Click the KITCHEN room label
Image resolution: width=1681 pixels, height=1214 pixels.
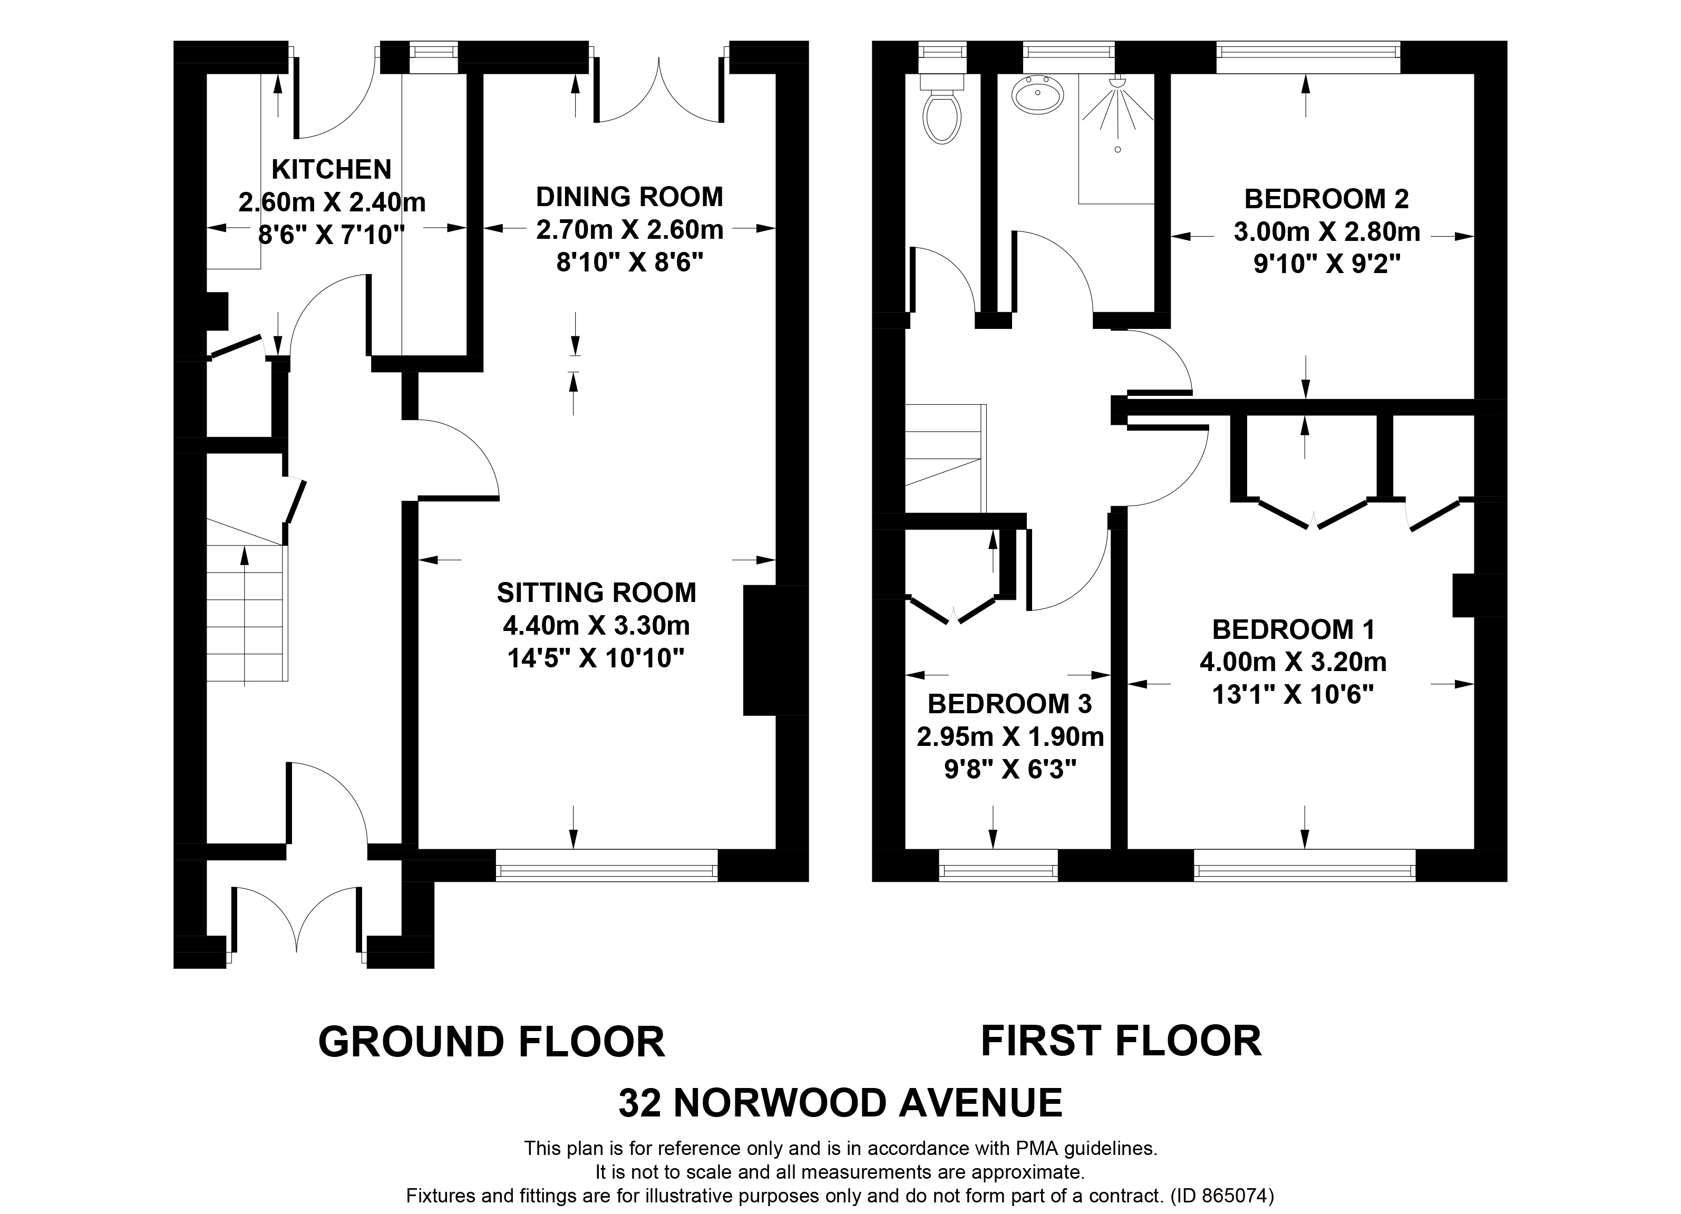pyautogui.click(x=332, y=170)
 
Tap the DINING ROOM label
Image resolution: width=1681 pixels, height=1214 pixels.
pyautogui.click(x=629, y=197)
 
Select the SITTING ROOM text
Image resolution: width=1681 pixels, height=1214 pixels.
pyautogui.click(x=597, y=593)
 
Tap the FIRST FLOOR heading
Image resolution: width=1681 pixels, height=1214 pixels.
pyautogui.click(x=1121, y=1041)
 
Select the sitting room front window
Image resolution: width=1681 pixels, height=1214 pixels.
pyautogui.click(x=606, y=865)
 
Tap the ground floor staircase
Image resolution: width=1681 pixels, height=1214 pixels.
pyautogui.click(x=245, y=611)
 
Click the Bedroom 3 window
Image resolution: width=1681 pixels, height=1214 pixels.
pyautogui.click(x=998, y=865)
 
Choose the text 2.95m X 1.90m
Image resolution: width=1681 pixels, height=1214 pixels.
pyautogui.click(x=1010, y=737)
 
